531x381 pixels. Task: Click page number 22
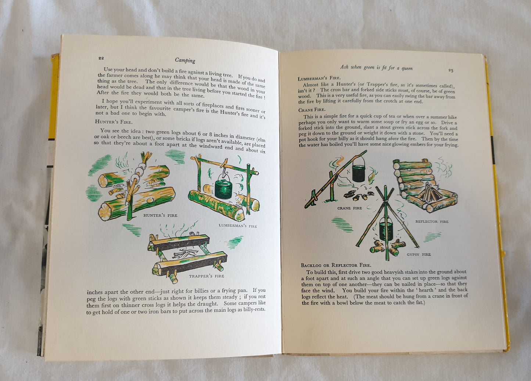(101, 58)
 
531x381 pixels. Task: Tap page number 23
(451, 70)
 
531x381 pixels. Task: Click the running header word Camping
(185, 60)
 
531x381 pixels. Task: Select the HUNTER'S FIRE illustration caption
(160, 216)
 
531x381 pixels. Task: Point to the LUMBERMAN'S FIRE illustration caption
(238, 225)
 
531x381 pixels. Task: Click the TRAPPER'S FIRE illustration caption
(207, 276)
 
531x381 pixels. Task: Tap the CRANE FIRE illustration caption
(350, 208)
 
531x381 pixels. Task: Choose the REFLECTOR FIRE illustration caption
(432, 222)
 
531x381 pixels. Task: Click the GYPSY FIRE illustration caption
(419, 254)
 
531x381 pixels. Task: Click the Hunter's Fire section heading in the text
(114, 122)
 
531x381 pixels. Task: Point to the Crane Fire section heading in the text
(312, 110)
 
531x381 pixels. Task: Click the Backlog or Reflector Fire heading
(336, 265)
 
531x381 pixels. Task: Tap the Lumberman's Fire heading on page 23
(319, 78)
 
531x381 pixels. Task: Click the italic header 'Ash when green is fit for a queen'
(376, 68)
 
